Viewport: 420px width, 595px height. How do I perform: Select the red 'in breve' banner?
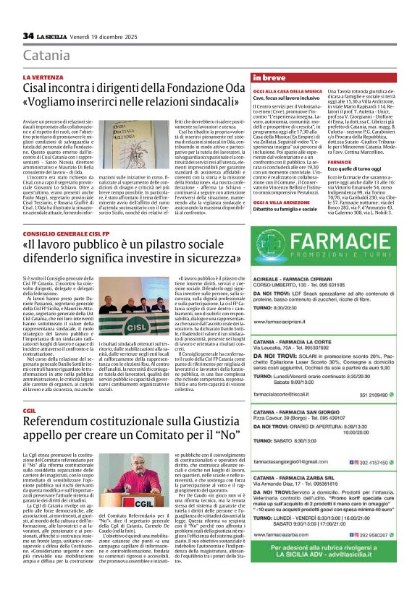(x=269, y=77)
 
